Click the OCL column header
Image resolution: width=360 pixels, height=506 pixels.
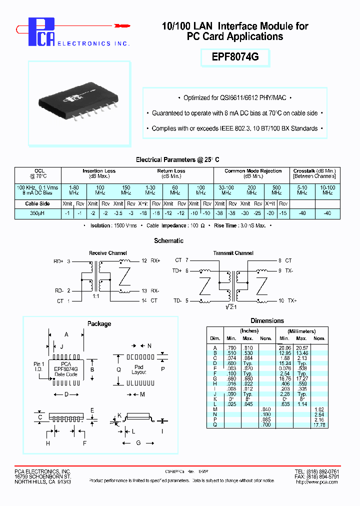39,173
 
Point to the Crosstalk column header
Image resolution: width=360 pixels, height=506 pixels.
314,173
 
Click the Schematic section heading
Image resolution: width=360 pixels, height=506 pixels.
169,240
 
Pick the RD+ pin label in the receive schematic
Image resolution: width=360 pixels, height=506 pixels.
58,261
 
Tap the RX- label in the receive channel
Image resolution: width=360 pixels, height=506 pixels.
155,290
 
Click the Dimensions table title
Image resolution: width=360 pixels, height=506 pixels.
266,320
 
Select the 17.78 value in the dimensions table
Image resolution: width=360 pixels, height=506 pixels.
318,425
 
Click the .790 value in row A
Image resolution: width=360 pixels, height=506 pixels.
231,347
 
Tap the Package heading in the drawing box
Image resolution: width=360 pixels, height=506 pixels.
99,323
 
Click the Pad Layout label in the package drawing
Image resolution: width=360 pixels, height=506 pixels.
139,369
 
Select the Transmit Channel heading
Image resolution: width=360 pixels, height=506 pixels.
233,253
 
